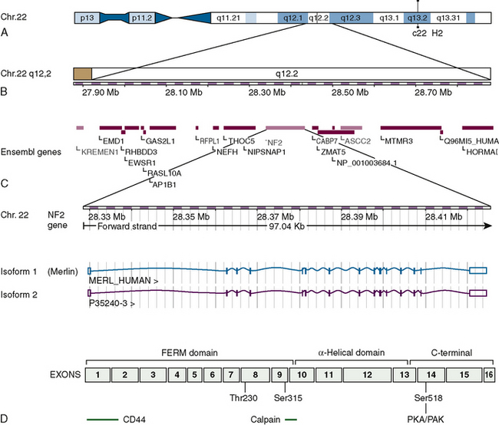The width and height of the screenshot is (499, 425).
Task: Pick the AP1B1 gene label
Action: click(x=164, y=184)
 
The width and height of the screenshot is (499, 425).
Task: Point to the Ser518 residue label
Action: click(x=421, y=397)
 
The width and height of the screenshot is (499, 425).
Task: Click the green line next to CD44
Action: click(x=101, y=420)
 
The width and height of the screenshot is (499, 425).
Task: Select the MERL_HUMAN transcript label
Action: click(x=124, y=281)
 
